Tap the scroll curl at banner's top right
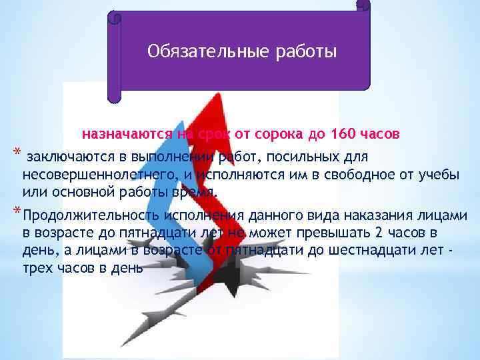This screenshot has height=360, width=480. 363,6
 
